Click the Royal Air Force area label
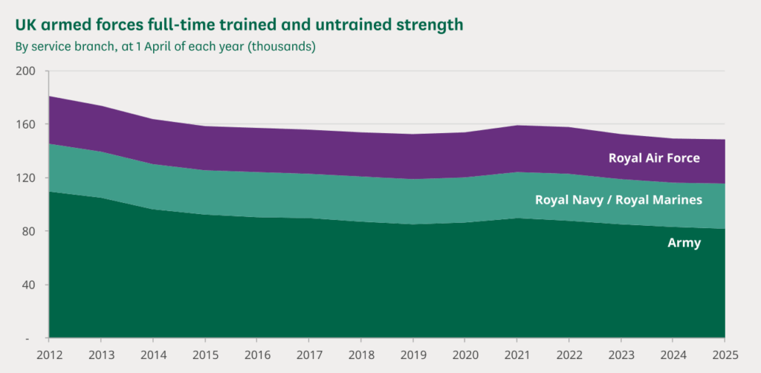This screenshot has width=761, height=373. [x=654, y=158]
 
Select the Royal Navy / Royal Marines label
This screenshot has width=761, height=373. [x=618, y=200]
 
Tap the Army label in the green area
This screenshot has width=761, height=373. [x=684, y=242]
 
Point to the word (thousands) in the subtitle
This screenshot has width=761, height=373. [x=282, y=46]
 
